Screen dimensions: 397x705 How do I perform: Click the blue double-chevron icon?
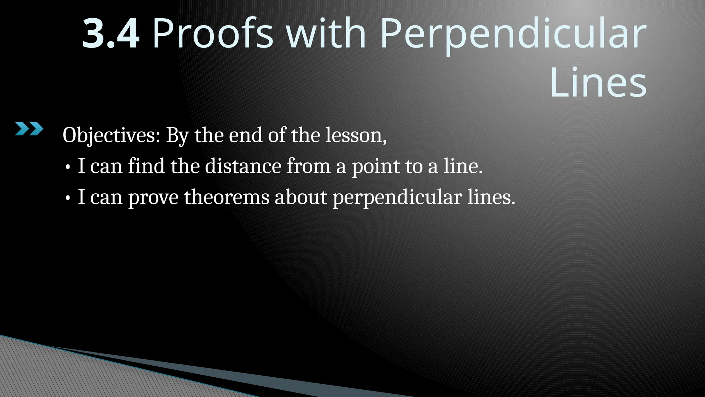pos(29,129)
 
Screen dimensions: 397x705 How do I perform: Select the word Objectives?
pos(111,135)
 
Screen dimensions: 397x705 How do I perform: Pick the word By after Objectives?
pos(177,136)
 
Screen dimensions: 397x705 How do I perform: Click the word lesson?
pos(356,135)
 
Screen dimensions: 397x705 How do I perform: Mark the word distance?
pos(243,166)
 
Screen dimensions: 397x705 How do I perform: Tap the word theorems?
pos(227,197)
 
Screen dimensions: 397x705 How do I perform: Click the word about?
pos(301,197)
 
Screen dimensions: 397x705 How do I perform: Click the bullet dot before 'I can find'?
pos(68,167)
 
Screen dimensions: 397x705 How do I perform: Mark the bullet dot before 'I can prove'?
pos(68,198)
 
